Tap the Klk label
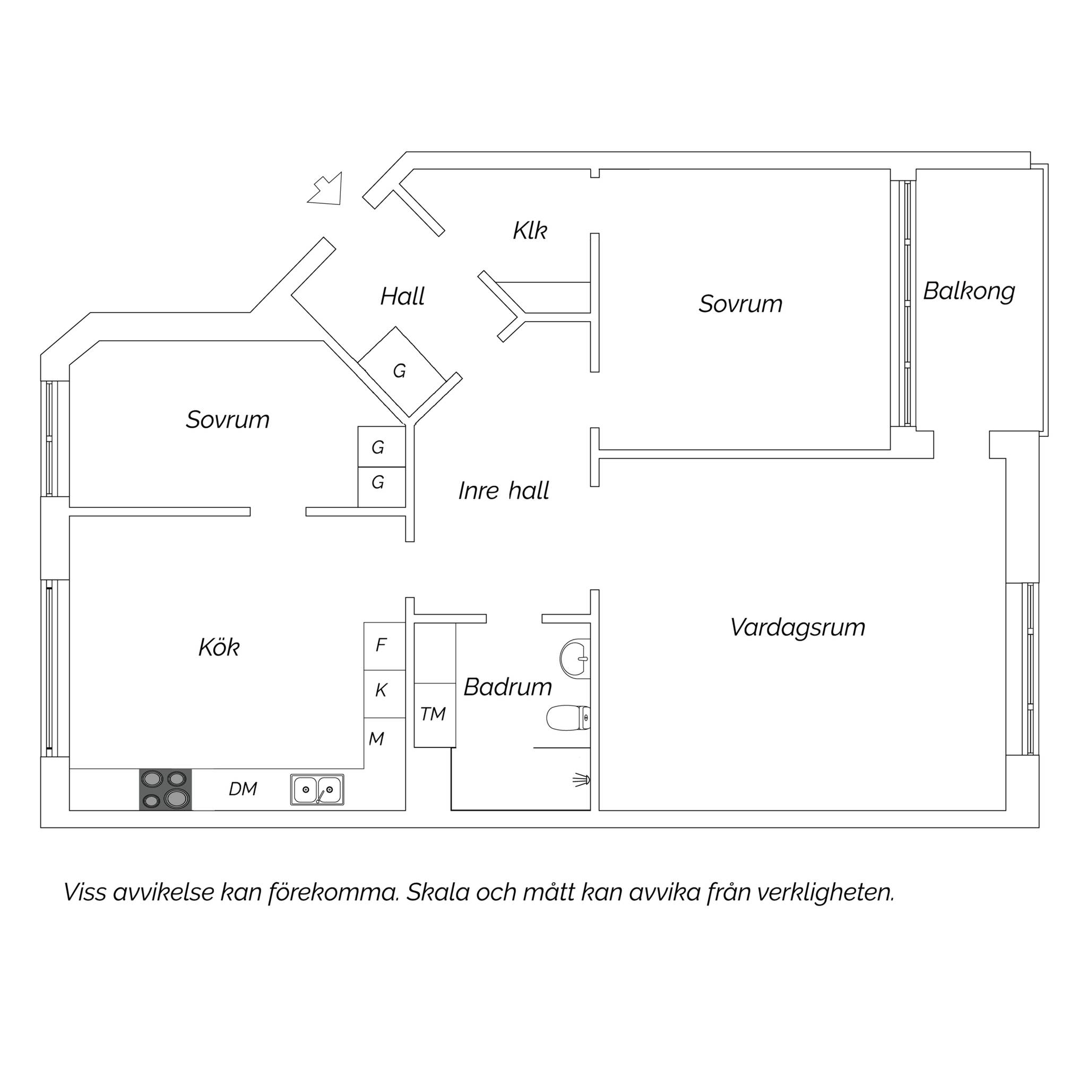pos(529,231)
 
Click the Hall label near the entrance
pos(402,297)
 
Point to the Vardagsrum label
pos(797,627)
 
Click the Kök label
pos(219,647)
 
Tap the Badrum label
pos(507,687)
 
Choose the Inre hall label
pos(504,490)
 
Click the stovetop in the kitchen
pos(166,789)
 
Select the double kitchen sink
pos(317,789)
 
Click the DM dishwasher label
pos(243,789)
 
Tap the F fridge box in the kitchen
pos(384,646)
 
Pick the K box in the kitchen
pos(384,694)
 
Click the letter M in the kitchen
pos(376,739)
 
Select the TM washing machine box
pos(434,715)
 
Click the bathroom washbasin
pos(575,657)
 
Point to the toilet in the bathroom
pos(569,719)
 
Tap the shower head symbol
pos(582,780)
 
